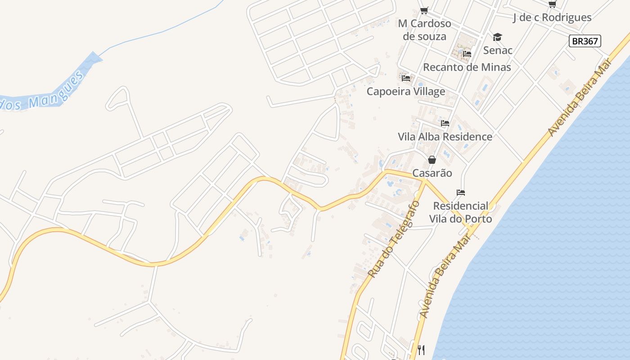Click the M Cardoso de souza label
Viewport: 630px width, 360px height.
coord(424,30)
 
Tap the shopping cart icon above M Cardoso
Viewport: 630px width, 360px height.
coord(424,10)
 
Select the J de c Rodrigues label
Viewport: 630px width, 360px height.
coord(552,18)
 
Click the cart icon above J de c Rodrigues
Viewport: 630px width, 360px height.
coord(552,4)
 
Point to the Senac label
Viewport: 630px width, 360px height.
coord(498,50)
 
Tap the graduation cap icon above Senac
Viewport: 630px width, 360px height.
coord(497,37)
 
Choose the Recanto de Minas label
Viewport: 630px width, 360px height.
coord(467,67)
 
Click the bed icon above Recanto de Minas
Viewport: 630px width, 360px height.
coord(467,54)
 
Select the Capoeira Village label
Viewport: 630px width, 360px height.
coord(406,91)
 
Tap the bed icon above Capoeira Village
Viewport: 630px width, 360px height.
coord(406,78)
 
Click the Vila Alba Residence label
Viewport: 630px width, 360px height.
coord(445,136)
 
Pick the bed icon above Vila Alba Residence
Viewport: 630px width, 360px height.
coord(445,123)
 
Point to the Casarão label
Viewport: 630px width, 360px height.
coord(432,173)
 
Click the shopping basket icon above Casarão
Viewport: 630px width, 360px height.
coord(432,160)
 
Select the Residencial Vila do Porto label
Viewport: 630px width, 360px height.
coord(460,212)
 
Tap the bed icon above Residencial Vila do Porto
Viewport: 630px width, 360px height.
coord(460,193)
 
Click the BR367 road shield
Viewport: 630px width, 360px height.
coord(585,41)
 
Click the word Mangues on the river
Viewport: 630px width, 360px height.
coord(56,90)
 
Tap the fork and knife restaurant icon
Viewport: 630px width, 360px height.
coord(421,350)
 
